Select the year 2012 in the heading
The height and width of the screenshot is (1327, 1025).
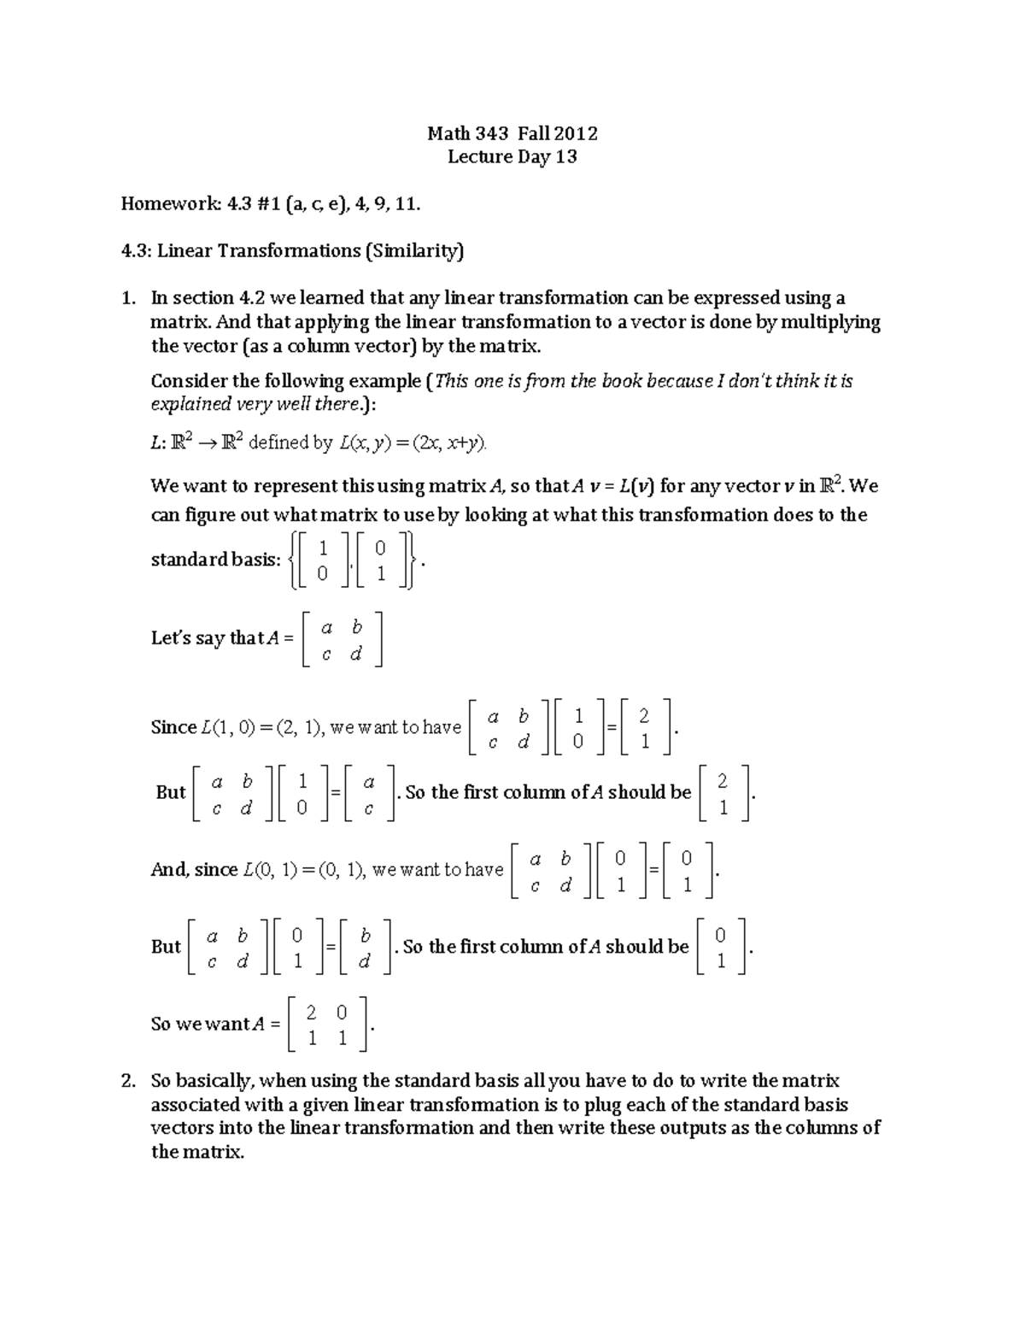(576, 133)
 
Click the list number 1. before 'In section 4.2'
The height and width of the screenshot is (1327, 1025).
(128, 298)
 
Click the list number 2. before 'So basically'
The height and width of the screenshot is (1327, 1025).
(128, 1081)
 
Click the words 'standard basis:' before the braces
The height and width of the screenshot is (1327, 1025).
(215, 560)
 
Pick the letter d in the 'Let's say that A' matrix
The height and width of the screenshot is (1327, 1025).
(356, 655)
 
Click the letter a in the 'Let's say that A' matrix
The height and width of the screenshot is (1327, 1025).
(325, 628)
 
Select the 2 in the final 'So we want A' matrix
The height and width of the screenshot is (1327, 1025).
(312, 1013)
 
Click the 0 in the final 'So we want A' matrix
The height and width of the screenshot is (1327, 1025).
(342, 1013)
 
